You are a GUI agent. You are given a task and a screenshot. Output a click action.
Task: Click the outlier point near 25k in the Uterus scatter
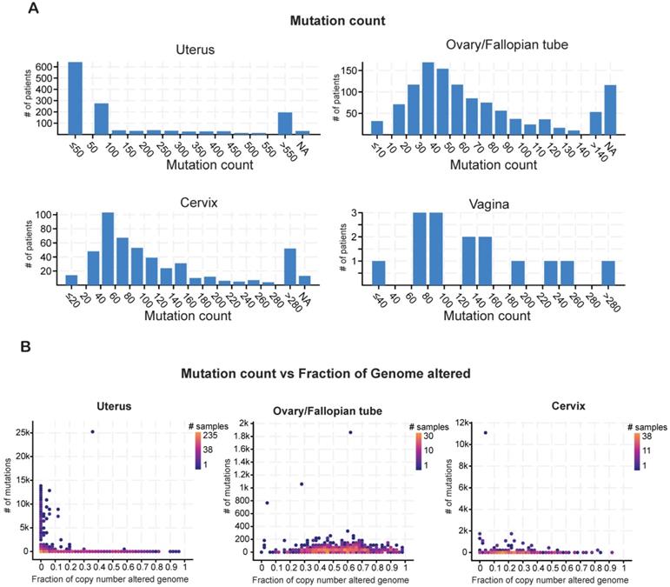92,431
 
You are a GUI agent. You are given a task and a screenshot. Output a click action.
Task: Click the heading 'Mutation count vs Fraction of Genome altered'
335,375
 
